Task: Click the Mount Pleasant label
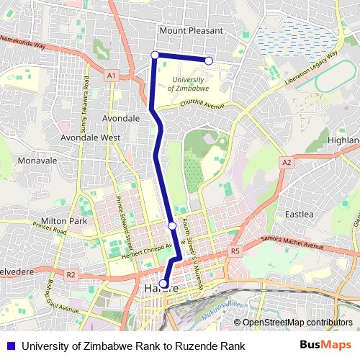[192, 31]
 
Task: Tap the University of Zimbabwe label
[189, 83]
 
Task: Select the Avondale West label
[90, 136]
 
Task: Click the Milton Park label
[64, 220]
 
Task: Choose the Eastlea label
[299, 214]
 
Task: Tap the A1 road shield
[111, 75]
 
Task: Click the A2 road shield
[287, 163]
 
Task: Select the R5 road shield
[235, 251]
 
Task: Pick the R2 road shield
[71, 274]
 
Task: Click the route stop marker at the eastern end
[209, 61]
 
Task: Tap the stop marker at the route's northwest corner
[155, 55]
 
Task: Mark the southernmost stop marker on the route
[163, 284]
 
